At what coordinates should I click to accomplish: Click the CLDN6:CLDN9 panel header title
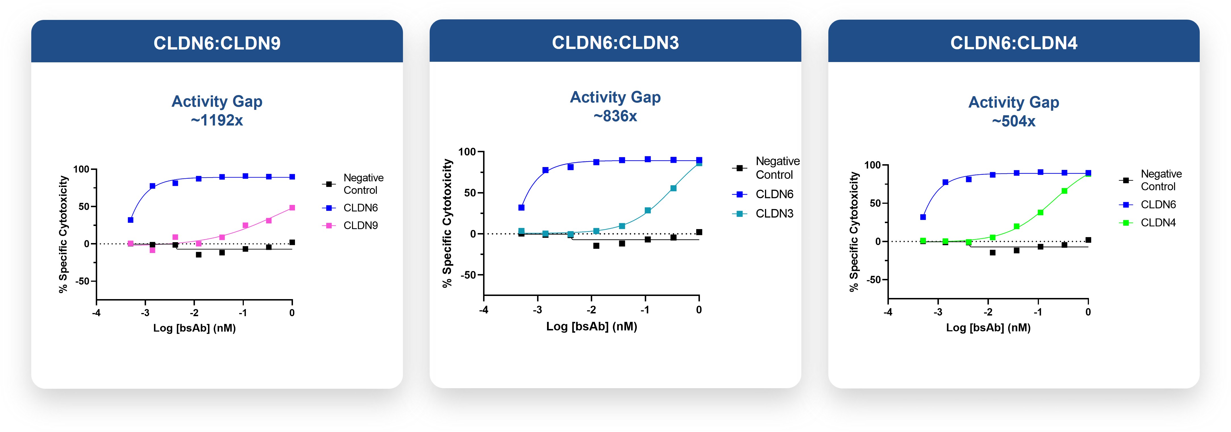click(x=217, y=43)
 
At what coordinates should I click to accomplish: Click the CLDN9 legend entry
click(x=360, y=225)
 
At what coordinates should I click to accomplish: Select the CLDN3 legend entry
click(x=774, y=213)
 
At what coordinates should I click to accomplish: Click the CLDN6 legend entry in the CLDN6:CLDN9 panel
click(x=360, y=208)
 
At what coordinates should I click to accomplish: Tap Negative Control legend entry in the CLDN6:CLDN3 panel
click(x=777, y=168)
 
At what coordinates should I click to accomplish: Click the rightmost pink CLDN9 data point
click(x=292, y=208)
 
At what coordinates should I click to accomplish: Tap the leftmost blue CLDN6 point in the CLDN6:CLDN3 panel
click(x=521, y=208)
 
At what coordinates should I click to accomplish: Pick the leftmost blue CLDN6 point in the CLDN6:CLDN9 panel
click(x=130, y=220)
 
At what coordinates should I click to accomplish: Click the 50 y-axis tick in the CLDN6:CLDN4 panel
click(x=875, y=203)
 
